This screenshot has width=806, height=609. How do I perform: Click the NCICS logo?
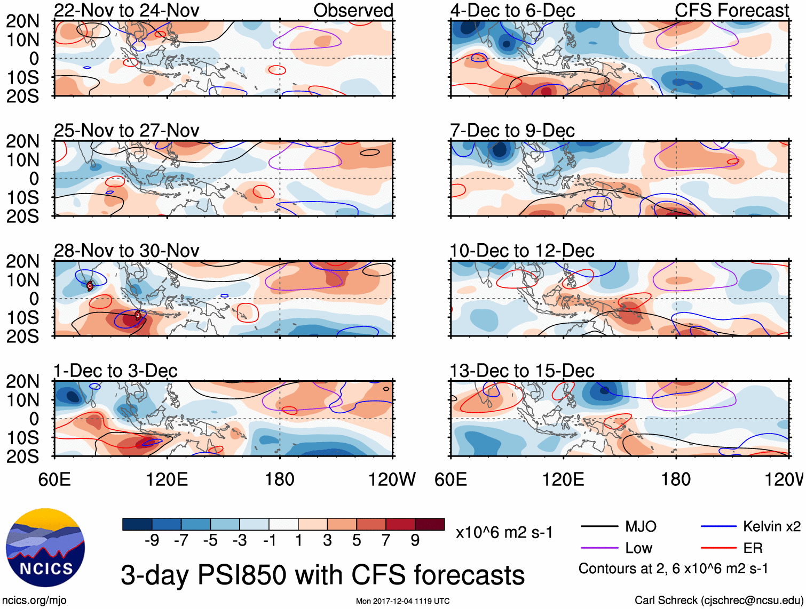(x=45, y=548)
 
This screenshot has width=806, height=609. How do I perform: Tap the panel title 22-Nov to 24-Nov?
(x=127, y=10)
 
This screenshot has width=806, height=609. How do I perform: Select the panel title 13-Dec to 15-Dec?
(x=521, y=371)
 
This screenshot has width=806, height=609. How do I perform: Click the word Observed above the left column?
(x=353, y=10)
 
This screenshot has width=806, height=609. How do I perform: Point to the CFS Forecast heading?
(x=731, y=10)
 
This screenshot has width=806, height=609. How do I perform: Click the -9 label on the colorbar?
(x=152, y=541)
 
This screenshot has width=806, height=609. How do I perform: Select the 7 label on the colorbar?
(x=386, y=541)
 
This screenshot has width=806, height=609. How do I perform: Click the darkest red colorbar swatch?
(x=430, y=524)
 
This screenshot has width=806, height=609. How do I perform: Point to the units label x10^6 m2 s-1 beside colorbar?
(x=504, y=533)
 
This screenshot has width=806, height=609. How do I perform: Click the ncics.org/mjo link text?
(x=34, y=600)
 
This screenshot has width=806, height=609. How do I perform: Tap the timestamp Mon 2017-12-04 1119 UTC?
(x=402, y=601)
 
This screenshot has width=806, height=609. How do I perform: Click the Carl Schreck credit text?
(x=718, y=600)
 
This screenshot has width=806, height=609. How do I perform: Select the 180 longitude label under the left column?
(x=280, y=479)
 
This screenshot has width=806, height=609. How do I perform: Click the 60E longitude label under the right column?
(x=451, y=479)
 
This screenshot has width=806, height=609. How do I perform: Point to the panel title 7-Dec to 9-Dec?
(x=512, y=131)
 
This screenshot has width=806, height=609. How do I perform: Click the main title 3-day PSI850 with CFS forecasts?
(x=322, y=575)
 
